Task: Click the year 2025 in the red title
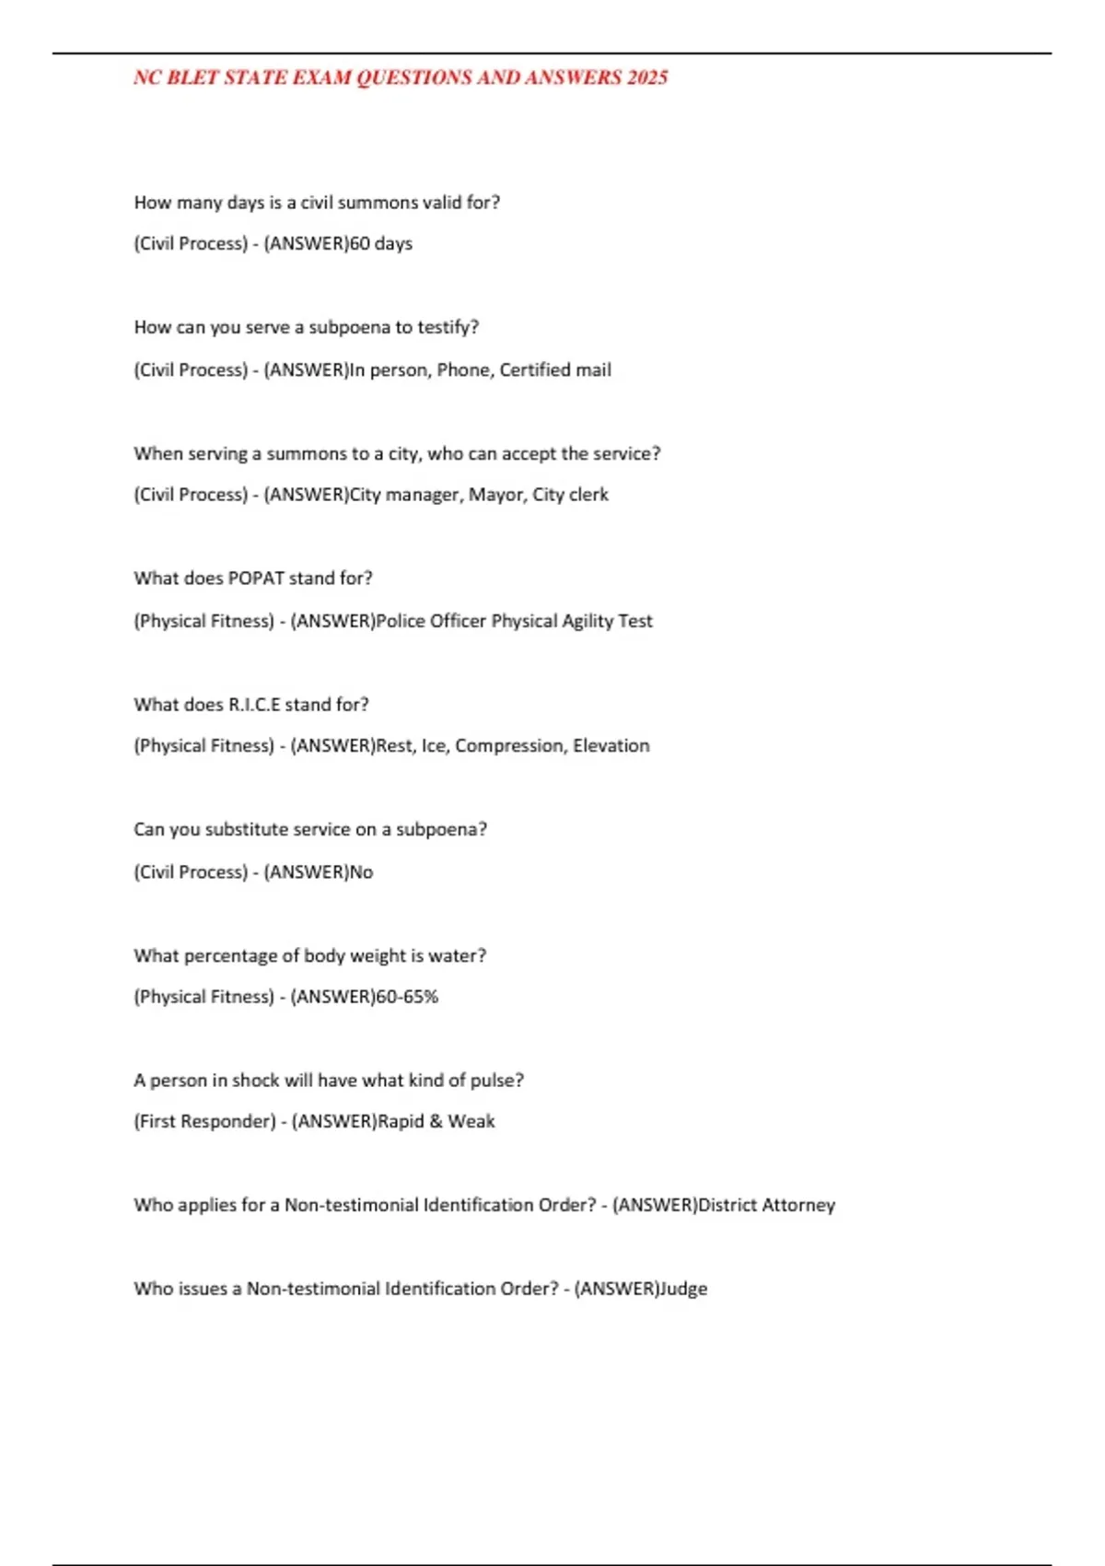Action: pyautogui.click(x=646, y=78)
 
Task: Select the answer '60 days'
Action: pyautogui.click(x=381, y=244)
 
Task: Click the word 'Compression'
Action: pyautogui.click(x=508, y=746)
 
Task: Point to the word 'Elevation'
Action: pyautogui.click(x=611, y=746)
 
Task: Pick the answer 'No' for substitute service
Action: pyautogui.click(x=361, y=872)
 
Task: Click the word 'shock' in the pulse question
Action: pyautogui.click(x=255, y=1081)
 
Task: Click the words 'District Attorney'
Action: pyautogui.click(x=766, y=1206)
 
